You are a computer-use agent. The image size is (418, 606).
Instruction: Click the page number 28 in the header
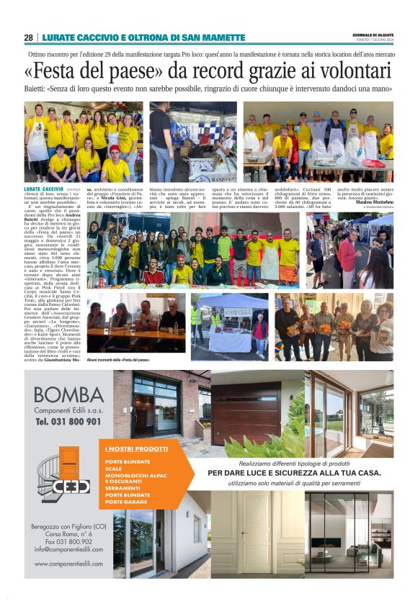pyautogui.click(x=28, y=37)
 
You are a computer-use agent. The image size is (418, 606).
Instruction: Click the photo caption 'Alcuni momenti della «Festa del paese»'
pyautogui.click(x=117, y=359)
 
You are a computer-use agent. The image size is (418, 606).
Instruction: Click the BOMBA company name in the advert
pyautogui.click(x=68, y=395)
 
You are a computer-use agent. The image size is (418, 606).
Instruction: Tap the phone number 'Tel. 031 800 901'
pyautogui.click(x=68, y=421)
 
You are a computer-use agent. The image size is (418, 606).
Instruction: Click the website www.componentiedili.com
pyautogui.click(x=68, y=563)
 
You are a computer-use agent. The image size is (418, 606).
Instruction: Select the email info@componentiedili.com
pyautogui.click(x=68, y=549)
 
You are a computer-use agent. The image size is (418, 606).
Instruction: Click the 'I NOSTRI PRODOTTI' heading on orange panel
pyautogui.click(x=130, y=450)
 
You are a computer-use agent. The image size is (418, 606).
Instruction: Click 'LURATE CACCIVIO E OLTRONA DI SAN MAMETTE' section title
pyautogui.click(x=144, y=37)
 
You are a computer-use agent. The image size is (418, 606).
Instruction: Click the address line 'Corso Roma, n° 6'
pyautogui.click(x=68, y=533)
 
